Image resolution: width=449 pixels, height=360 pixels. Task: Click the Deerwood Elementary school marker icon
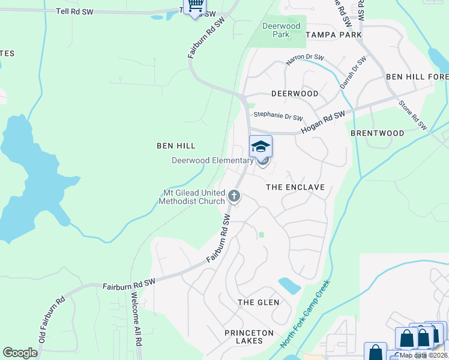(261, 146)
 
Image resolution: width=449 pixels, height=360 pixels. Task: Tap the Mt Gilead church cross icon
(234, 196)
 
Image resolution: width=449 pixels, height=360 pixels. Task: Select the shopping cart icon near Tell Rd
(194, 6)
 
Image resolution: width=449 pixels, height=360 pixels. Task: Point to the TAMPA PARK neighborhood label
(334, 35)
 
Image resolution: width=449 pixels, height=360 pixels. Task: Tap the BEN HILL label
(176, 146)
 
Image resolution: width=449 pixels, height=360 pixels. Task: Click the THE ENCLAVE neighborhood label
(295, 187)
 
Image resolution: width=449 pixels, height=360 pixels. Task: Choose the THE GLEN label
(258, 302)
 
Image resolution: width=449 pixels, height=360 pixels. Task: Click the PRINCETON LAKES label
(249, 337)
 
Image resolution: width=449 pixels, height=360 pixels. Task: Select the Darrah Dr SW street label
(354, 73)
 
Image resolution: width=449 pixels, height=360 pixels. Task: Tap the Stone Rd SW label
(413, 115)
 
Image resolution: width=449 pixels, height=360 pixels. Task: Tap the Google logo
(20, 353)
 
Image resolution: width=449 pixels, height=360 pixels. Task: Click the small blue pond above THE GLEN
(289, 286)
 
